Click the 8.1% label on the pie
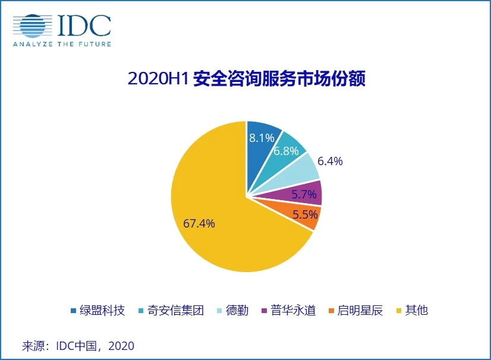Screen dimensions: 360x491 tap(262, 138)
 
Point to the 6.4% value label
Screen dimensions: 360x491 tap(330, 161)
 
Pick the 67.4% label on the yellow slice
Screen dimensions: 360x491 tap(199, 223)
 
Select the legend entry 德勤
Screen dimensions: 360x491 tap(238, 310)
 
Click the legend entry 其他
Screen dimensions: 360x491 tap(416, 310)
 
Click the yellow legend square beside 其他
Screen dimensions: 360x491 tap(398, 311)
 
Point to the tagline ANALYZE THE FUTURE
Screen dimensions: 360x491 tap(62, 43)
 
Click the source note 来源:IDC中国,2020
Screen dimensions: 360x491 tap(78, 346)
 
